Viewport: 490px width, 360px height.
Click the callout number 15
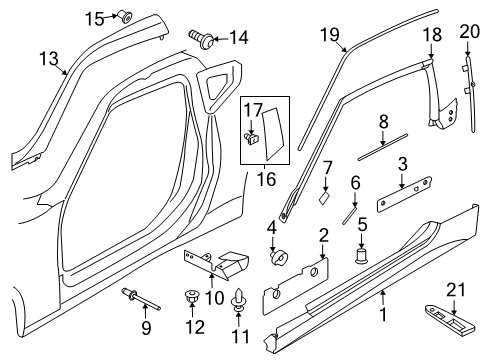tap(95, 19)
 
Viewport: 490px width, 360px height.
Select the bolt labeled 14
tap(201, 39)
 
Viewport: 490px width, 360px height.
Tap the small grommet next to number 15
tap(125, 17)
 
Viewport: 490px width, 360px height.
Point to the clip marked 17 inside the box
tap(252, 139)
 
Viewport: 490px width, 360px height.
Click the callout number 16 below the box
tap(266, 179)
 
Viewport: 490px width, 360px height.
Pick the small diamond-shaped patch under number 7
tap(324, 199)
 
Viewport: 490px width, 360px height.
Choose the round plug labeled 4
tap(278, 258)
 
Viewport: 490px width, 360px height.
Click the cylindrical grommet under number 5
tap(361, 256)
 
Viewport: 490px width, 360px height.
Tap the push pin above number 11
tap(239, 300)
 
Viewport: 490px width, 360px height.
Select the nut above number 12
tap(191, 297)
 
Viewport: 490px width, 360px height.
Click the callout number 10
tap(215, 298)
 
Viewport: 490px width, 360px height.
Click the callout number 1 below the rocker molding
tap(383, 314)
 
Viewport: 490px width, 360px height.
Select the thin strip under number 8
tap(383, 147)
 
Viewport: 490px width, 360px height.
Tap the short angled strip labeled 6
tap(349, 215)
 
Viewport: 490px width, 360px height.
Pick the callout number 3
tap(403, 164)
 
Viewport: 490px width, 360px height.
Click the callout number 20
tap(469, 31)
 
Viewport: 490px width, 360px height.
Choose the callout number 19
tap(330, 35)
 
